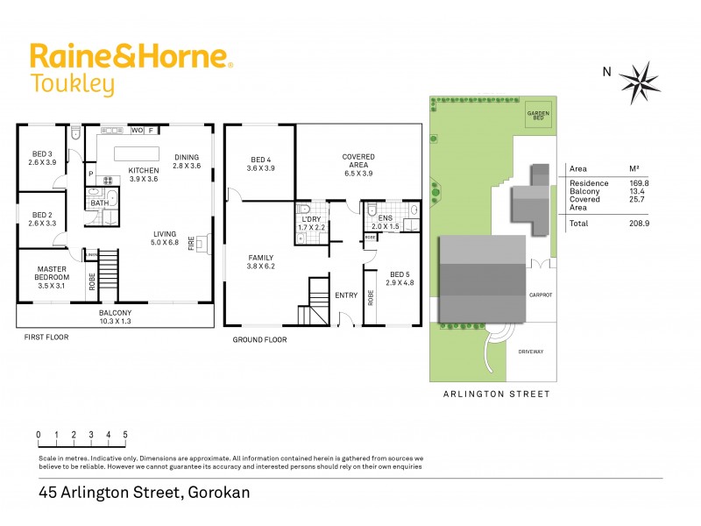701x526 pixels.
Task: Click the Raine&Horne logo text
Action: click(x=131, y=56)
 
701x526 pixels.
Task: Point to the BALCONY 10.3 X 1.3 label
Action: click(x=115, y=317)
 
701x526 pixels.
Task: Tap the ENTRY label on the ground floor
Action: click(x=346, y=295)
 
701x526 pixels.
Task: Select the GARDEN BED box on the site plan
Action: click(x=537, y=116)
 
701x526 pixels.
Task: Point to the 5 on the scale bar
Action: click(x=125, y=435)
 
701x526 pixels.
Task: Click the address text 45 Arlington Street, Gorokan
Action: click(x=145, y=493)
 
